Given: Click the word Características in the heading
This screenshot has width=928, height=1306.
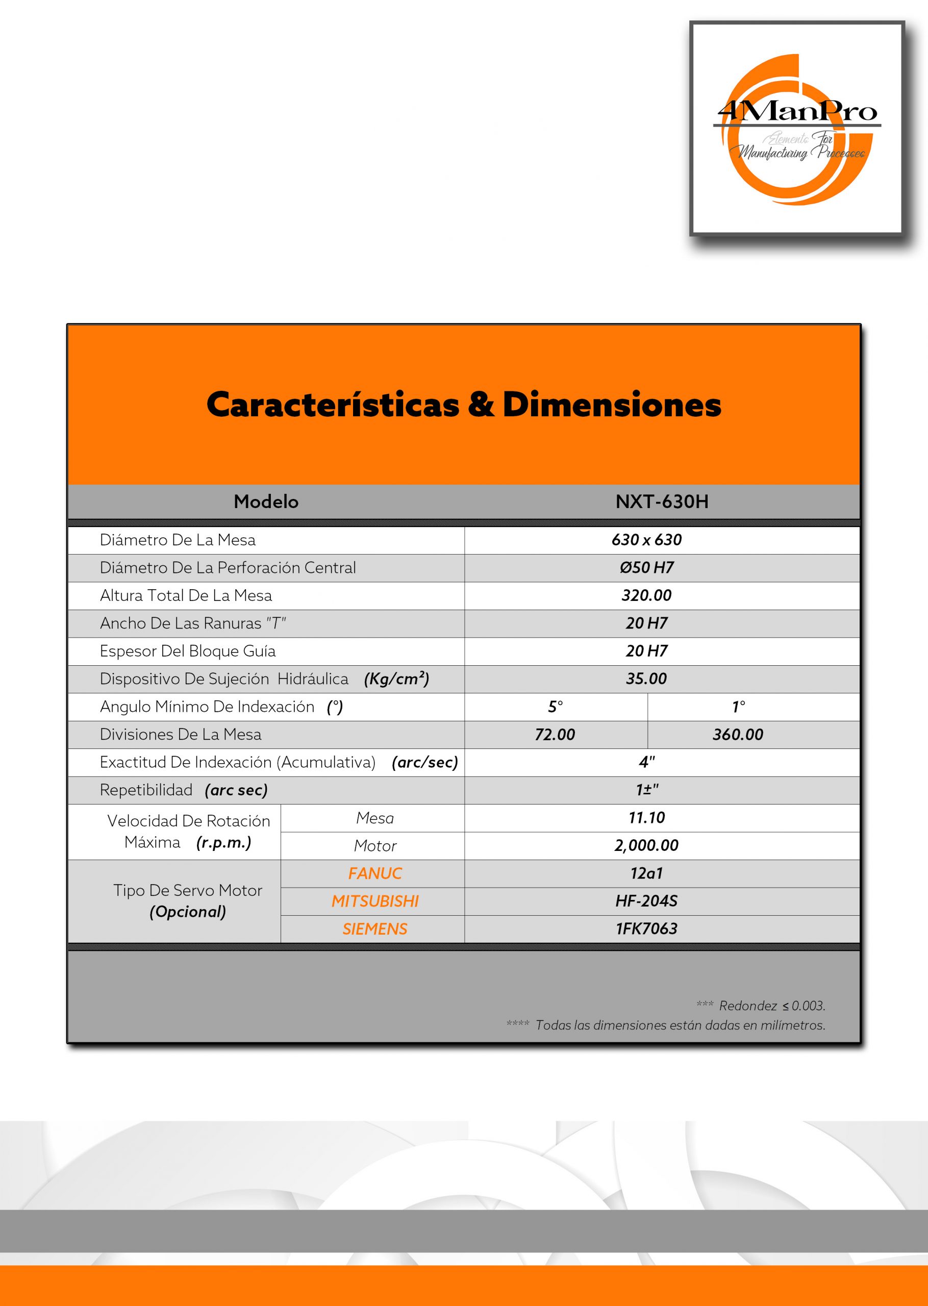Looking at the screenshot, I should [x=333, y=405].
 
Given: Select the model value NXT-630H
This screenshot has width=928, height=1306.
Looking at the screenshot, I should [x=662, y=501].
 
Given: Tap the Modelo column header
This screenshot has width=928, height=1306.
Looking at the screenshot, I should [x=266, y=501].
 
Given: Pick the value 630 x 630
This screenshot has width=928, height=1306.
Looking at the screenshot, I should [x=646, y=540].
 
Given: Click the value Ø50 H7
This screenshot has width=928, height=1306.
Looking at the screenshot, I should [x=646, y=568].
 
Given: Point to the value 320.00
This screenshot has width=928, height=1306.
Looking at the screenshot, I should [x=646, y=595].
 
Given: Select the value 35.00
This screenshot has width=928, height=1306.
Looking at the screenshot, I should [x=646, y=679].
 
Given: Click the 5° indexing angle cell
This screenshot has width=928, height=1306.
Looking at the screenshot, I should [x=556, y=707].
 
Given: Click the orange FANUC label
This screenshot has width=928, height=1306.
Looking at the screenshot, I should [x=375, y=873].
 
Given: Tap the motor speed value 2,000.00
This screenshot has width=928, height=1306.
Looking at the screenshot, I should [x=646, y=845].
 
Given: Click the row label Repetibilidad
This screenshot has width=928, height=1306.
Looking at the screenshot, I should [x=146, y=790].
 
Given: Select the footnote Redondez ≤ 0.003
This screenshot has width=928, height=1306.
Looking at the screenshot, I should [x=771, y=1006].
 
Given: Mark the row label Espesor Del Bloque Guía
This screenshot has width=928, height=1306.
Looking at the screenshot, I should [x=187, y=651].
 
